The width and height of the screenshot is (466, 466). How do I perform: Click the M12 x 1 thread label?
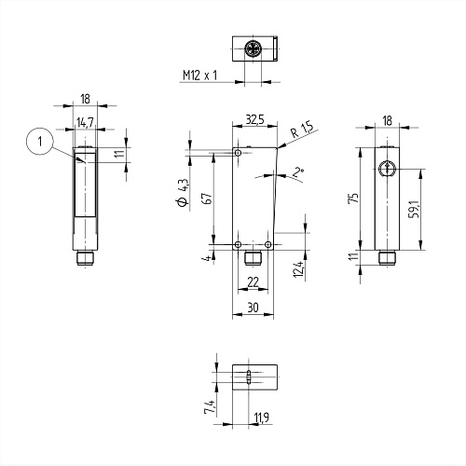click(x=199, y=75)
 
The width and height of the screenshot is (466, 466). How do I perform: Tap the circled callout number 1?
click(x=40, y=142)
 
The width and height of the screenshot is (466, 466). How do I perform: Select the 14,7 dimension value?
click(x=85, y=122)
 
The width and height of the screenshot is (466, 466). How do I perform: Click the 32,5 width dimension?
click(x=254, y=119)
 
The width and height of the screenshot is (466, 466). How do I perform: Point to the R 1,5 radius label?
click(x=301, y=130)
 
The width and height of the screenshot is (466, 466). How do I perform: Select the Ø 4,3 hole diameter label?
click(x=183, y=193)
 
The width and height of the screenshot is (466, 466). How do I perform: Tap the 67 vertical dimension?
click(x=208, y=199)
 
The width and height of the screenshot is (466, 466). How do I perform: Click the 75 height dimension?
click(x=354, y=198)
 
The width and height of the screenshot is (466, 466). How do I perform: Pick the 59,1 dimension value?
click(x=415, y=209)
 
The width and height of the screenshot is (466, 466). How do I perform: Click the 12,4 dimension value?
click(x=298, y=269)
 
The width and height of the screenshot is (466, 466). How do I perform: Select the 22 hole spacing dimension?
click(x=253, y=282)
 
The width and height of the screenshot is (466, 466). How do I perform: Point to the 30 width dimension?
click(x=253, y=308)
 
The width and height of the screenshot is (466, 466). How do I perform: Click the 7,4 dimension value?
click(x=210, y=407)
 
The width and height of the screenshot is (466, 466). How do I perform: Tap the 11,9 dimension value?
click(x=262, y=418)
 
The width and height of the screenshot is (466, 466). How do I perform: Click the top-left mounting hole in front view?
click(x=239, y=153)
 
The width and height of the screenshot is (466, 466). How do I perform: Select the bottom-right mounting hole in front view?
click(x=268, y=244)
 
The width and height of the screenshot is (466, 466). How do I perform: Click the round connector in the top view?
click(x=253, y=49)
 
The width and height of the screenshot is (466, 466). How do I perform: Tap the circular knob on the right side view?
click(x=387, y=169)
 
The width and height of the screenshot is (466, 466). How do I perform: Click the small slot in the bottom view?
click(x=249, y=377)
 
